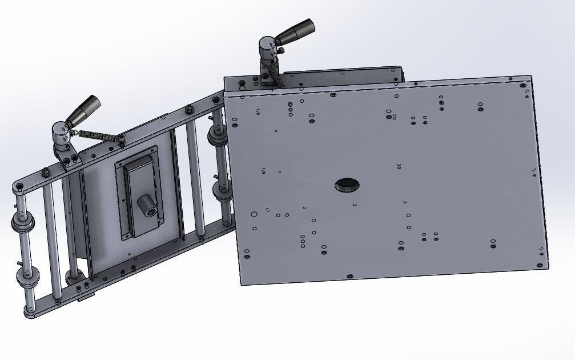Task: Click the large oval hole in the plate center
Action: coord(347,185)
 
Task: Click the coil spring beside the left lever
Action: coord(97,135)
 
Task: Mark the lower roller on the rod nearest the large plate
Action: coord(222,192)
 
